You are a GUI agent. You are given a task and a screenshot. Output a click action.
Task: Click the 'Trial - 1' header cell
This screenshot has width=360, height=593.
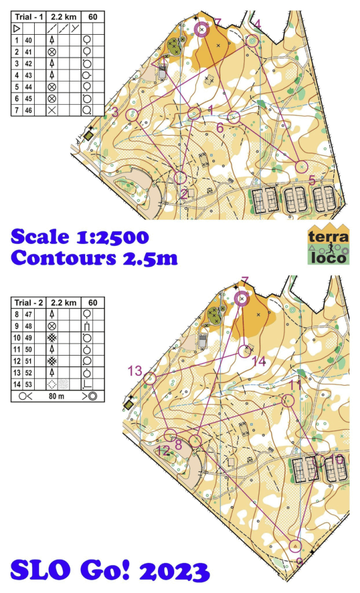[x=28, y=17]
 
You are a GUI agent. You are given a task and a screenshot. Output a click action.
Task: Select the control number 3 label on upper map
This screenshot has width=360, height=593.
[x=115, y=112]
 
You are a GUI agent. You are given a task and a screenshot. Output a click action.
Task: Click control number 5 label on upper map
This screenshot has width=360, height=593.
[x=312, y=181]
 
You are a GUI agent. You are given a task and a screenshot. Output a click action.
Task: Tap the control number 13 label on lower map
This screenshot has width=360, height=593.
[x=135, y=371]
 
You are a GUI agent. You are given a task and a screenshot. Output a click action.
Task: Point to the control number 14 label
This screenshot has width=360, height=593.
[x=258, y=361]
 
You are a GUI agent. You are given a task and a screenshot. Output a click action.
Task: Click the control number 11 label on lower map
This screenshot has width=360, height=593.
[x=295, y=385]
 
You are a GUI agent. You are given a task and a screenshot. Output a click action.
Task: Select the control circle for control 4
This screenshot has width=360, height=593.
[x=252, y=41]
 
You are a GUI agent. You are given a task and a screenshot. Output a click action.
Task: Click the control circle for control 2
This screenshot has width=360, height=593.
[x=181, y=178]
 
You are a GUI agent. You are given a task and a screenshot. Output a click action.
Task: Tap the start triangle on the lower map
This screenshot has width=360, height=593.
[x=295, y=546]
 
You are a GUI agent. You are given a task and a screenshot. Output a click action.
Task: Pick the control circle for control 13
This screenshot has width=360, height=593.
[x=150, y=379]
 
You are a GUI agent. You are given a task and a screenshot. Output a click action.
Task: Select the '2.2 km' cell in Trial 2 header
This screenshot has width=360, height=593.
[x=64, y=303]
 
